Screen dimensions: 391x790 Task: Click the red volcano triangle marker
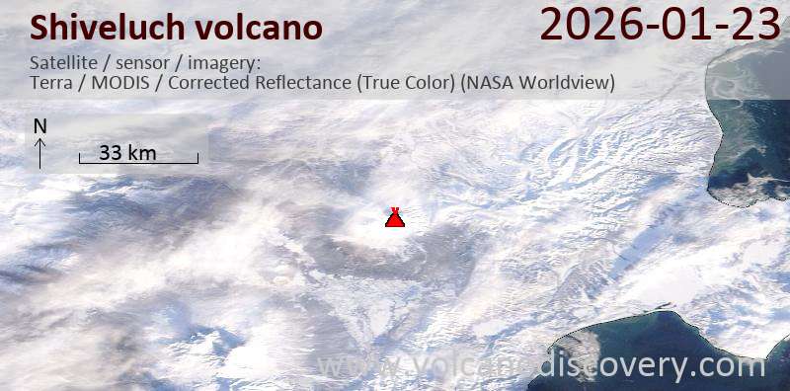coord(394,218)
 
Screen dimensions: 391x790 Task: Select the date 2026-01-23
coord(661,25)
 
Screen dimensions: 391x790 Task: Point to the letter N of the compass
coord(40,126)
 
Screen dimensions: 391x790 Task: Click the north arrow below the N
coord(40,152)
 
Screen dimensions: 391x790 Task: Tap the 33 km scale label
coord(128,152)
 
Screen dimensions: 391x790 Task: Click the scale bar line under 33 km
coord(138,162)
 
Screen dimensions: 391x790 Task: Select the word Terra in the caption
coord(52,83)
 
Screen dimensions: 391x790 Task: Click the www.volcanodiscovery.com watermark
coord(540,366)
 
